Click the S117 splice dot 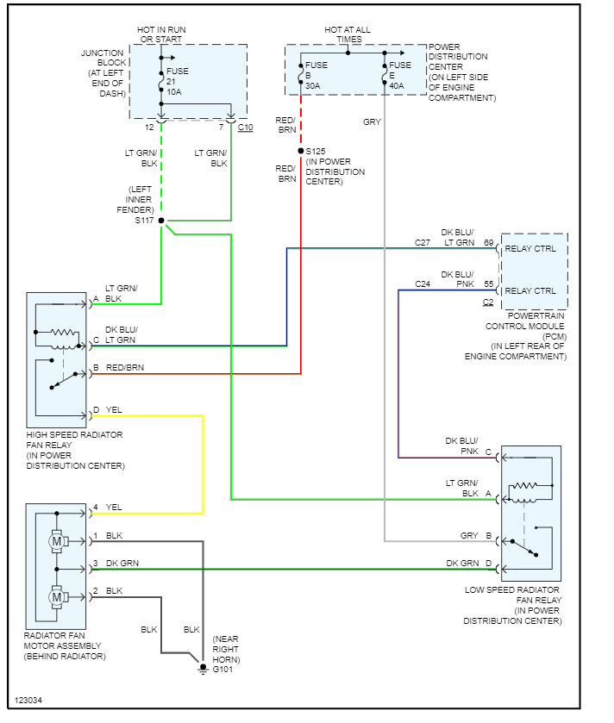(161, 221)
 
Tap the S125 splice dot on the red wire (301, 151)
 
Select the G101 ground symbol (204, 666)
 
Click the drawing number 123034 (28, 700)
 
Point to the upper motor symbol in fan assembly (57, 541)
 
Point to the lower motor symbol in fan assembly (57, 595)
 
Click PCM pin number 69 (489, 243)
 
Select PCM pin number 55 (489, 283)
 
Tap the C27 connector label (423, 243)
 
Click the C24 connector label (423, 283)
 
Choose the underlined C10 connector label (245, 128)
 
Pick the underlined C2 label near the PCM (488, 302)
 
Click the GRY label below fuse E (372, 122)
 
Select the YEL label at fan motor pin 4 (115, 508)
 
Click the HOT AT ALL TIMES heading (348, 34)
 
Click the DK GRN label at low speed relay (462, 564)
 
